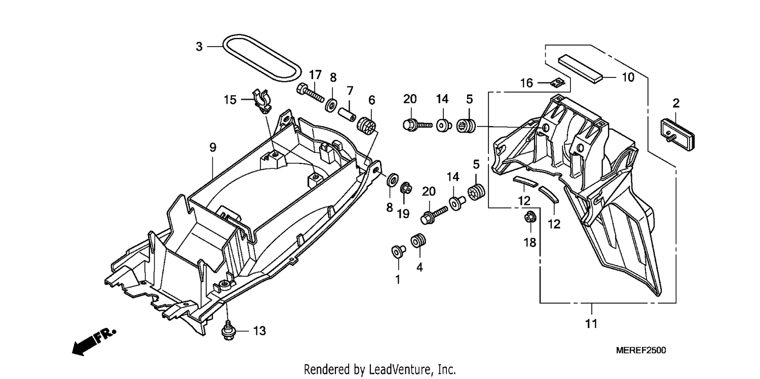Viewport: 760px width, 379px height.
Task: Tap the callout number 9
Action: tap(213, 148)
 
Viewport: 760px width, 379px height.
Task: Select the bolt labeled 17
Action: tap(310, 93)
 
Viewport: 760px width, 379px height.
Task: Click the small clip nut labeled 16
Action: tap(557, 82)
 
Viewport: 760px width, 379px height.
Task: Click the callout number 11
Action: tap(591, 324)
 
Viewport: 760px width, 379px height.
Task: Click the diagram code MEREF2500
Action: tap(641, 350)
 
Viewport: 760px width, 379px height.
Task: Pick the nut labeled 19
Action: tap(406, 188)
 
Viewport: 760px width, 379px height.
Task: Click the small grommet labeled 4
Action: tap(419, 241)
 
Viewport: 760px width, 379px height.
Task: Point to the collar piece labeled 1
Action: tap(398, 251)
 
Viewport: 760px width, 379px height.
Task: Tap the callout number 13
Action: tap(259, 331)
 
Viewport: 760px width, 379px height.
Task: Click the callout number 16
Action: tap(526, 83)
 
